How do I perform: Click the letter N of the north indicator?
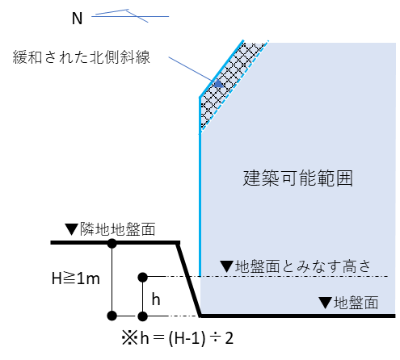coord(77,19)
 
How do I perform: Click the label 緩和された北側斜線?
coord(81,57)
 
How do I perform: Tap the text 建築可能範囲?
coord(297,178)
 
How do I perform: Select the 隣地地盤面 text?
coord(117,229)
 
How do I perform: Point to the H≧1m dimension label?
coord(76,278)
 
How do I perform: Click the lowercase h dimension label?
coord(156,299)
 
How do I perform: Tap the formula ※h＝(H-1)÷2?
coord(178,338)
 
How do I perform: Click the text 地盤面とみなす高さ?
coord(303,266)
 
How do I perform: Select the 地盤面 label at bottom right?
coord(356,303)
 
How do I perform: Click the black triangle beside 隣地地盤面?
coord(71,229)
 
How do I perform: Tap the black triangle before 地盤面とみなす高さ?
coord(227,266)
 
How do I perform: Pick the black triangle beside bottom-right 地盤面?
coord(325,303)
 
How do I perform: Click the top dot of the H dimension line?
coord(112,243)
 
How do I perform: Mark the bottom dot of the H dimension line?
coord(112,316)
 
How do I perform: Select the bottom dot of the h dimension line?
coord(142,316)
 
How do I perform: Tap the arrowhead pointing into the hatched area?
coord(219,84)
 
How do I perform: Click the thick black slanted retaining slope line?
coord(189,279)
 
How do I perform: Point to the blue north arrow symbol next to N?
coord(130,16)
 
